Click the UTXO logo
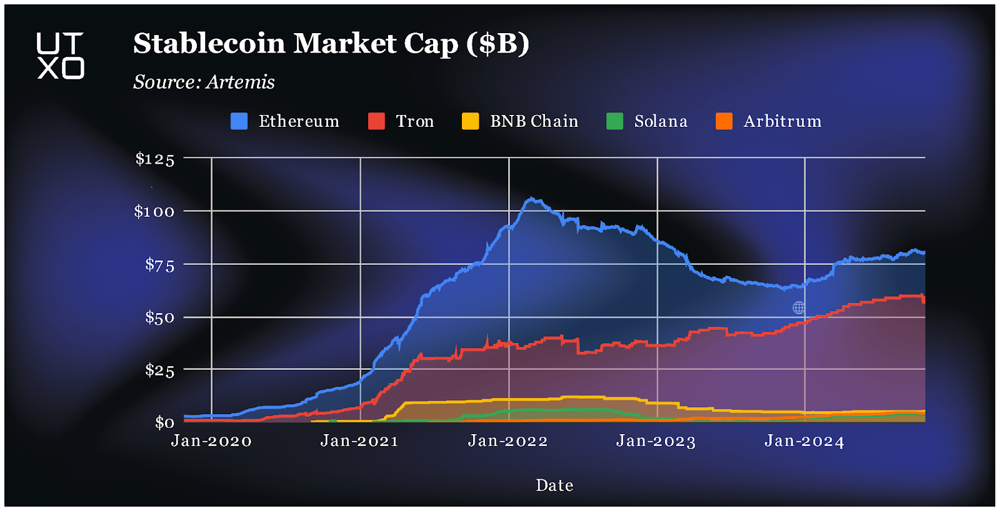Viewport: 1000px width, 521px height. coord(60,56)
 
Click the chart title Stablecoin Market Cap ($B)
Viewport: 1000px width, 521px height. coord(331,44)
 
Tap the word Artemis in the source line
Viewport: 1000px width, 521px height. coord(240,82)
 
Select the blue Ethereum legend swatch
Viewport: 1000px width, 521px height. coord(239,121)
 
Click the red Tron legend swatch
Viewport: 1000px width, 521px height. coord(376,121)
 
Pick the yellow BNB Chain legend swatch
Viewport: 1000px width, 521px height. coord(470,121)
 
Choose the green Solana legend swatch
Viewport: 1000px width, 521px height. coord(614,121)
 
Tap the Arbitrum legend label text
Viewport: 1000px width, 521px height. coord(782,121)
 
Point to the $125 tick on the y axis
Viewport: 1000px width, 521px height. coord(155,159)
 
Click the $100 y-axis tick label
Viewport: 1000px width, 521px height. coord(154,211)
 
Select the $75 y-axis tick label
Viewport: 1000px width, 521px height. coord(159,265)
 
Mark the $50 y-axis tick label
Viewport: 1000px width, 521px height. coord(159,317)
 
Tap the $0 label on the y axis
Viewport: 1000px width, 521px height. coord(164,423)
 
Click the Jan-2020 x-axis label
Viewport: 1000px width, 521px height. coord(211,441)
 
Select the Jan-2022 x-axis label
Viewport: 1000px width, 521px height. coord(507,441)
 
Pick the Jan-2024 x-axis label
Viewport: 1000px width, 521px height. coord(804,441)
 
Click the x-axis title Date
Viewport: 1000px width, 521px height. coord(554,485)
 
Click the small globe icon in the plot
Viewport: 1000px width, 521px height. coord(798,307)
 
